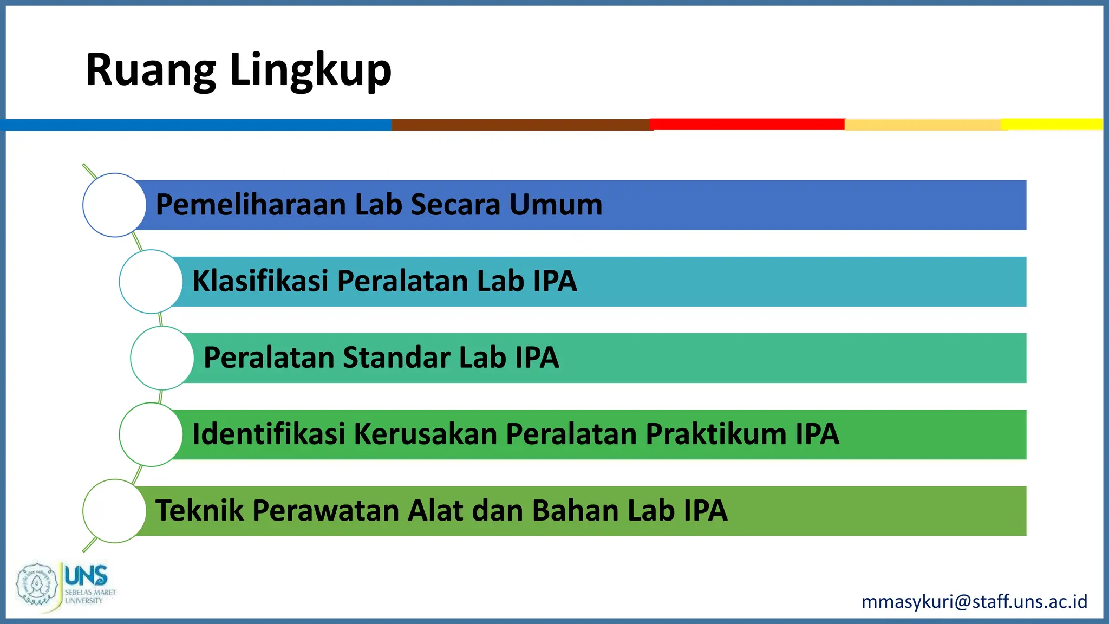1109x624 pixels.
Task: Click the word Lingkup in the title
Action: tap(310, 70)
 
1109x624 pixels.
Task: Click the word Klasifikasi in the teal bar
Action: tap(260, 281)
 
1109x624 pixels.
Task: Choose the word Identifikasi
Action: tap(269, 434)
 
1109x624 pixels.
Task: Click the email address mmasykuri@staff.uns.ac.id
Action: tap(974, 601)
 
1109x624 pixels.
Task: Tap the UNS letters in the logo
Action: tap(86, 575)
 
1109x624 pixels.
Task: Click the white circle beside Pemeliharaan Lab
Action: tap(114, 205)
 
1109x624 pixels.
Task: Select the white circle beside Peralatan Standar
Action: tap(162, 357)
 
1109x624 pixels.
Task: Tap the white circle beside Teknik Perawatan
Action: tap(114, 511)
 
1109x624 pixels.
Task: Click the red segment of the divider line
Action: tap(747, 124)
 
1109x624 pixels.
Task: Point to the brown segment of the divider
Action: tap(520, 125)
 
